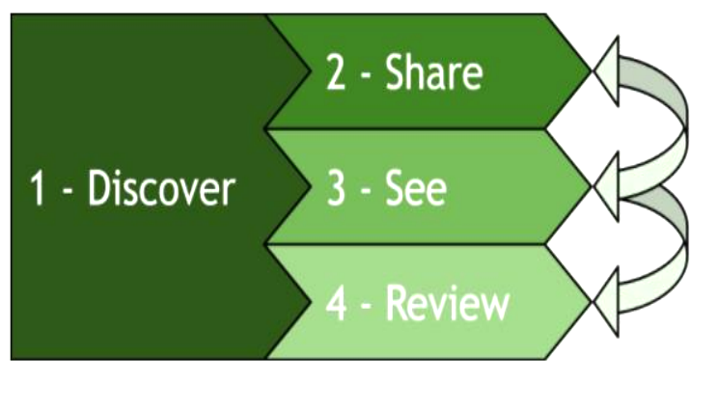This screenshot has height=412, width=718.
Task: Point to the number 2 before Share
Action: pos(336,74)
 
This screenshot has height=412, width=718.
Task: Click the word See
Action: pos(416,189)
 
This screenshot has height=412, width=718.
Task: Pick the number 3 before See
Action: pos(336,190)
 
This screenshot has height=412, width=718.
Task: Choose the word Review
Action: pos(447,303)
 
